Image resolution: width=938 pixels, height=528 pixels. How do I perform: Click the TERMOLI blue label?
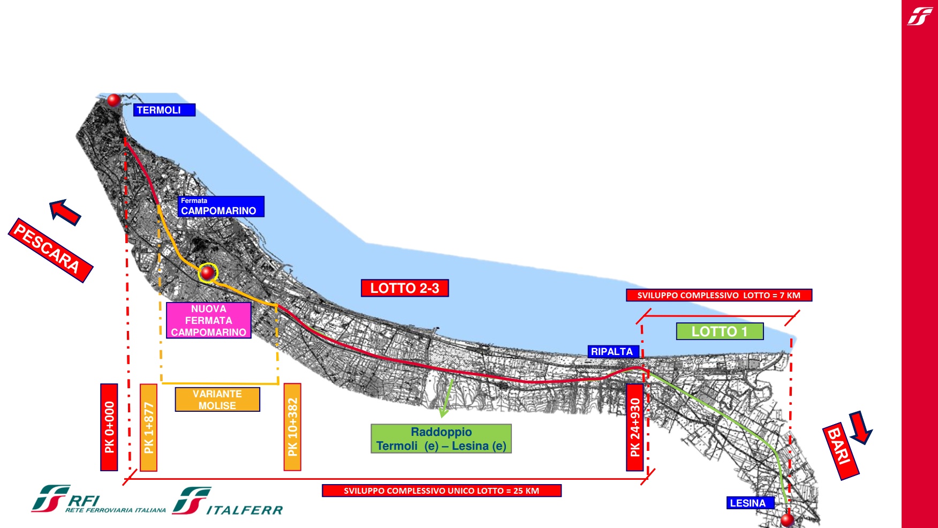pos(164,110)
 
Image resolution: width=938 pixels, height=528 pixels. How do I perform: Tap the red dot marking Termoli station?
pos(114,100)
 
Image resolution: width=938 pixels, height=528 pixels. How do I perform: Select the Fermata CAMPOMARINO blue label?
pos(221,207)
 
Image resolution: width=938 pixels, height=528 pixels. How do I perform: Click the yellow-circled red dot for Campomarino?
pos(208,273)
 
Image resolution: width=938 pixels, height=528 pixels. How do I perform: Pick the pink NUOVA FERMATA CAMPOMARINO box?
pos(208,320)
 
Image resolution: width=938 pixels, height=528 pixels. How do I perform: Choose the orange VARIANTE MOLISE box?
pos(217,399)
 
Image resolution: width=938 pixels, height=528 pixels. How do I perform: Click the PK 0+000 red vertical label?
pos(109,427)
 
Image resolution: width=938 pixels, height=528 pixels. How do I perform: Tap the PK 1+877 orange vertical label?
pos(148,427)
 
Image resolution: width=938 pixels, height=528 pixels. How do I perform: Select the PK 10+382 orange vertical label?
pos(292,427)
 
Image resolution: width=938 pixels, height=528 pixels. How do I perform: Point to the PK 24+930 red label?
pos(635,427)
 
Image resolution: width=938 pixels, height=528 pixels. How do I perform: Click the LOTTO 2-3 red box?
pos(405,288)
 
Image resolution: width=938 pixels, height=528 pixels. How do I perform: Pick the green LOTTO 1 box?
pos(720,331)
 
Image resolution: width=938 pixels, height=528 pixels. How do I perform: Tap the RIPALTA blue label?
pos(612,351)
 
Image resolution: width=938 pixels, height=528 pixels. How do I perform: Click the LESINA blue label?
pos(750,503)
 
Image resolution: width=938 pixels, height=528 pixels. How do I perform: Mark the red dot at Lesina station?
pos(787,519)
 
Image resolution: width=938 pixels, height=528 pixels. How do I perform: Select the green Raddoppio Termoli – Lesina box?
pos(441,439)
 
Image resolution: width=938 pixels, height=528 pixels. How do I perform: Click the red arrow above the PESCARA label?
pos(65,212)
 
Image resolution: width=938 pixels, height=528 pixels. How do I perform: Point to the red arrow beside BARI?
pos(860,427)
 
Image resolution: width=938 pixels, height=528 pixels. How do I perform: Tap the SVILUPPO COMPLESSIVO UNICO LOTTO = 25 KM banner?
pos(441,491)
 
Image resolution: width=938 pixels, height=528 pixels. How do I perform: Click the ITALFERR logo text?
pos(244,510)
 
